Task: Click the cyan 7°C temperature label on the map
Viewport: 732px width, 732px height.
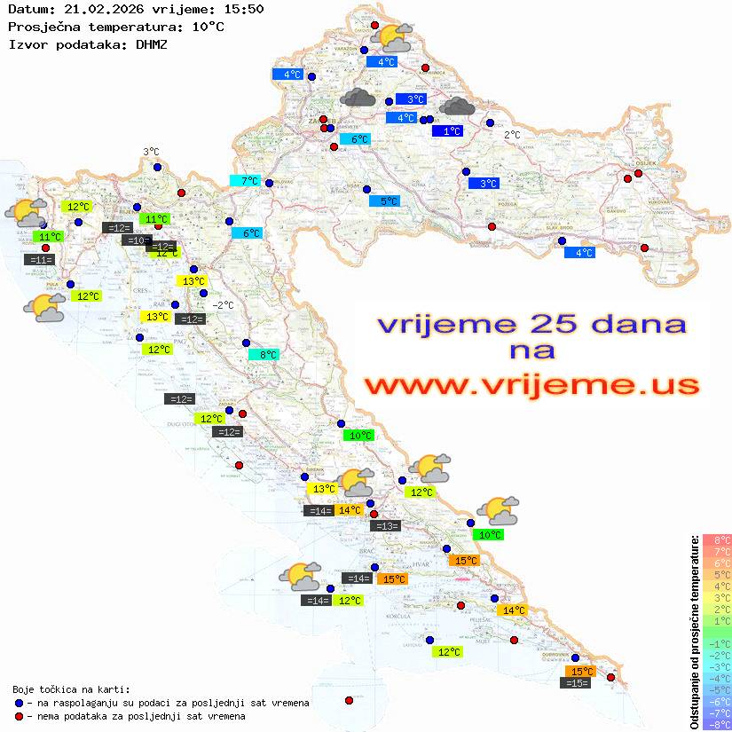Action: click(x=244, y=181)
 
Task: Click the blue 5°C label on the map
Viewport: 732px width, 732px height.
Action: click(x=384, y=201)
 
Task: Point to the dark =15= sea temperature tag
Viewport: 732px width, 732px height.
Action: click(x=576, y=683)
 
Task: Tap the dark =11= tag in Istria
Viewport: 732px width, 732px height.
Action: click(x=40, y=260)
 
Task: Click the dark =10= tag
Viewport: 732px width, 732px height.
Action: click(x=137, y=240)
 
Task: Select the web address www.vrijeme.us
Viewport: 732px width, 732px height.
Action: click(x=531, y=386)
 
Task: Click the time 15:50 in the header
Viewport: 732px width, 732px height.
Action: click(x=244, y=9)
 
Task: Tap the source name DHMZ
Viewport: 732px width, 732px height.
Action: click(x=151, y=43)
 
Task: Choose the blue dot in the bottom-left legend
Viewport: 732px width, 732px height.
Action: click(x=19, y=703)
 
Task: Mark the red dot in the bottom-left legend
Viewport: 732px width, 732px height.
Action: click(x=19, y=716)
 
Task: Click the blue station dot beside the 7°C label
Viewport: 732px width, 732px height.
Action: click(x=269, y=184)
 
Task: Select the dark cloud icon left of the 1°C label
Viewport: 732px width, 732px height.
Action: click(x=457, y=106)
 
